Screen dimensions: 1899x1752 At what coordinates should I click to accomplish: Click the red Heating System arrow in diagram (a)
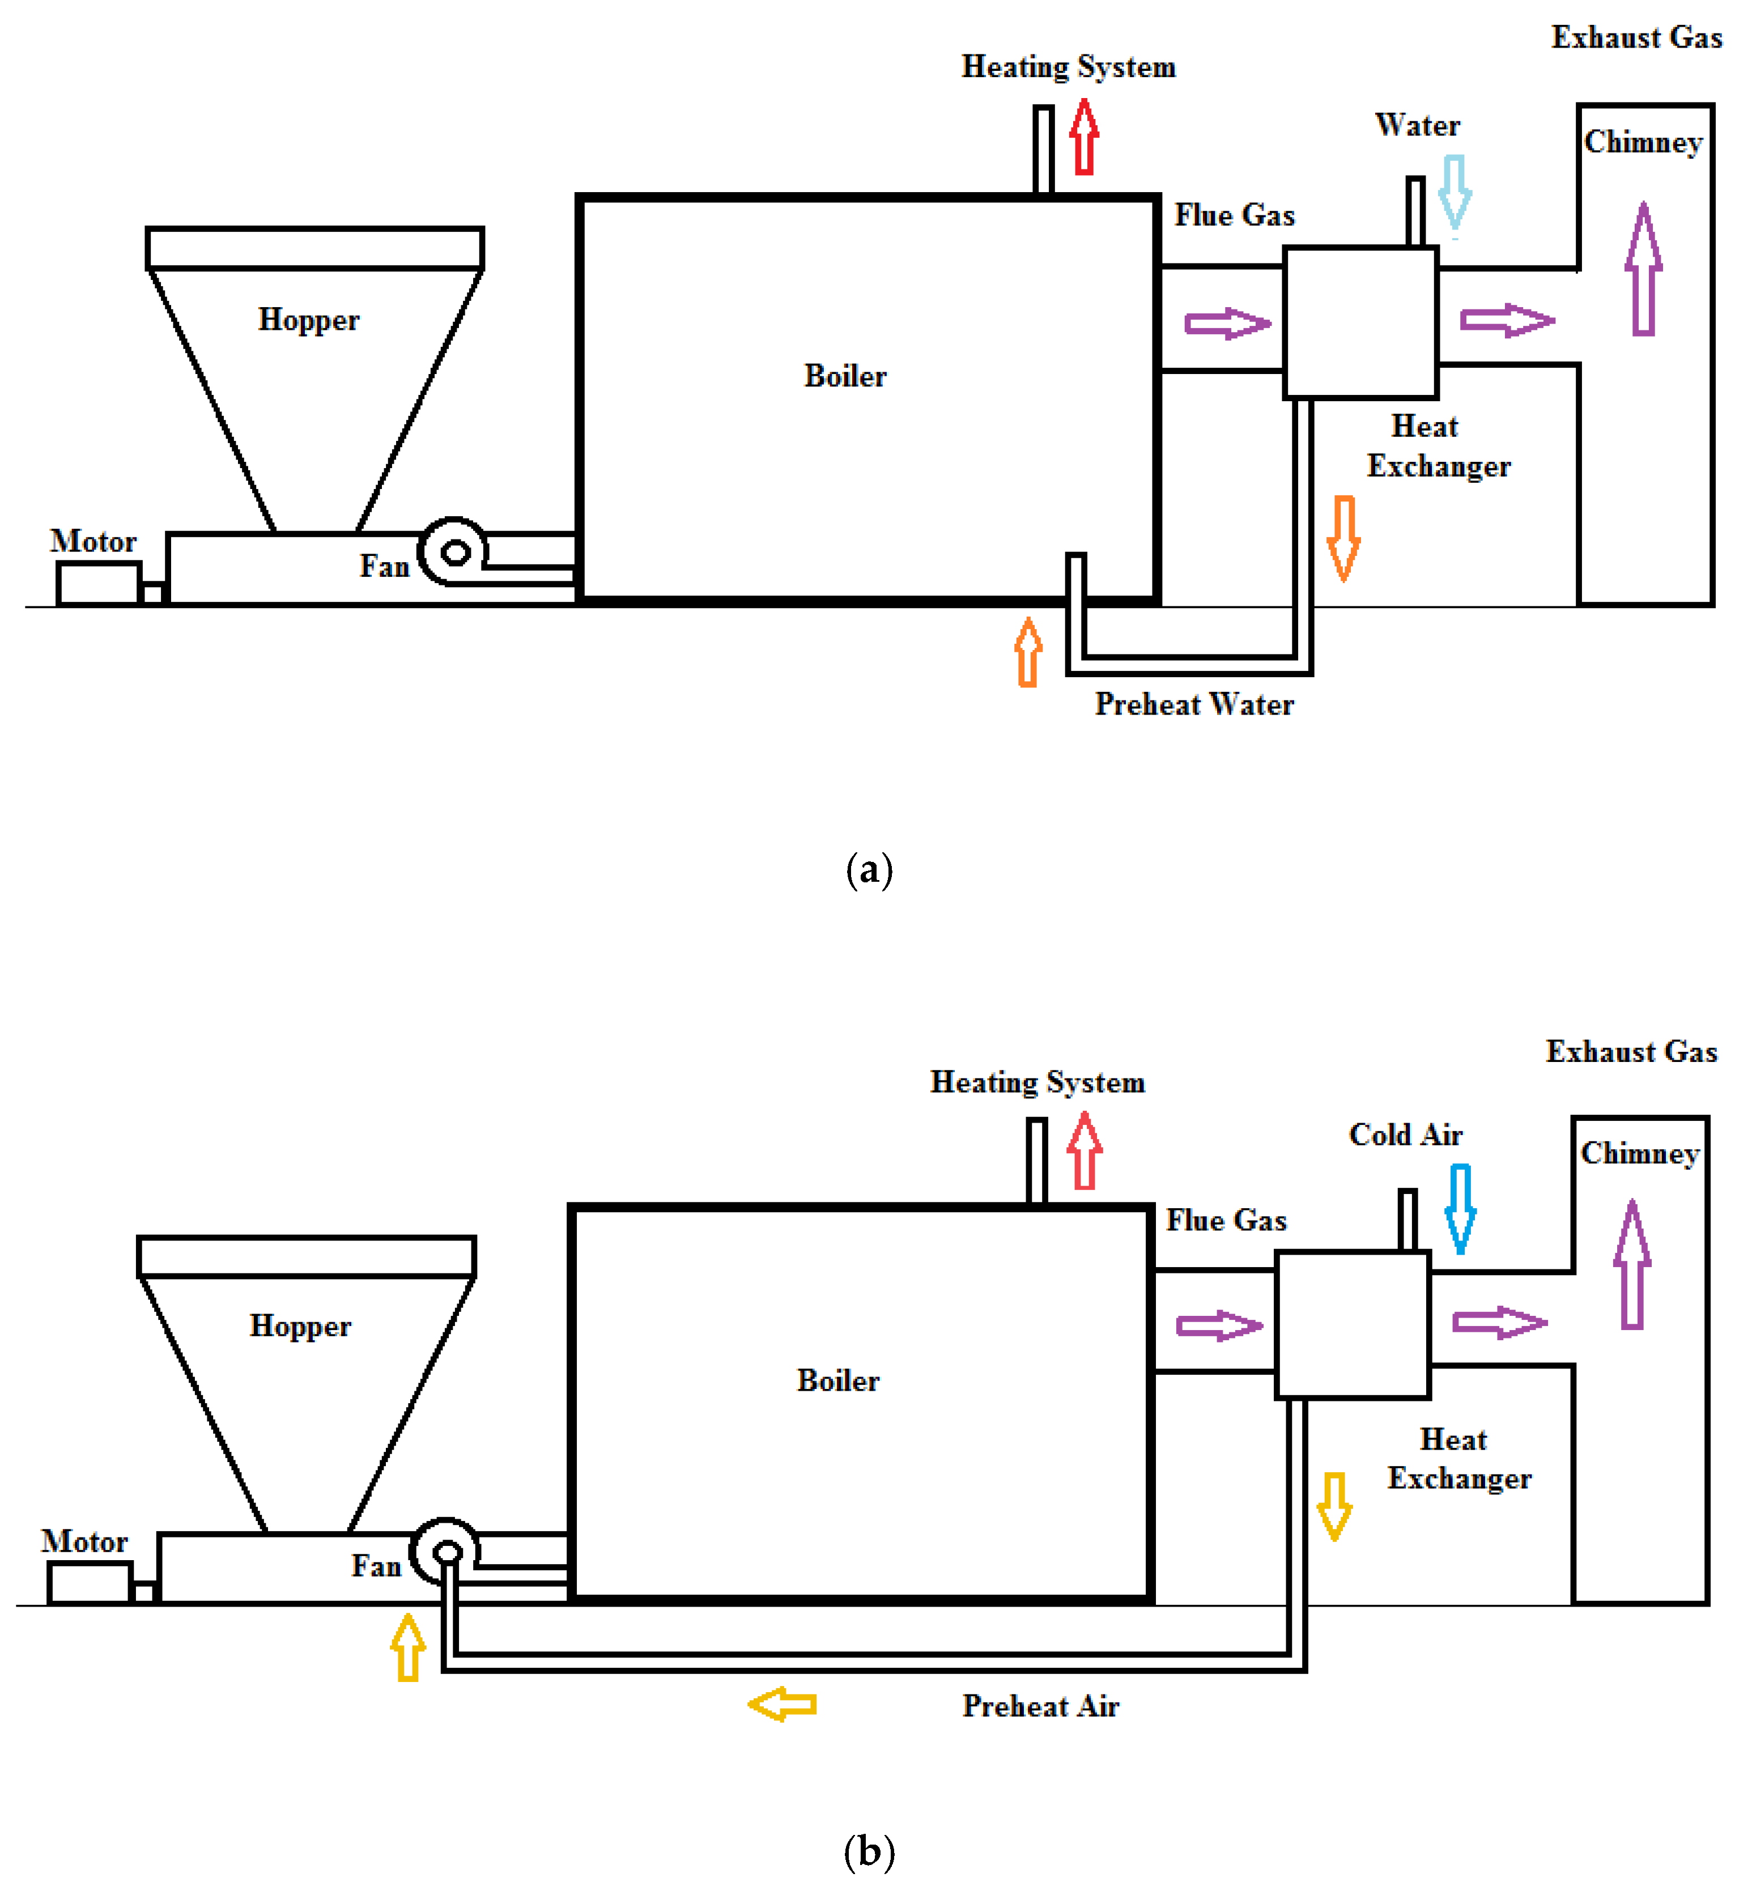click(x=1085, y=138)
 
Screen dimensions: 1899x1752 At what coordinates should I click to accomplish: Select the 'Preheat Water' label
click(x=1194, y=704)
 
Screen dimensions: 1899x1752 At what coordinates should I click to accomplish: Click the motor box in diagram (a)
click(x=97, y=583)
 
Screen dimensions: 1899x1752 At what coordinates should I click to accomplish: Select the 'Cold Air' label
click(x=1405, y=1135)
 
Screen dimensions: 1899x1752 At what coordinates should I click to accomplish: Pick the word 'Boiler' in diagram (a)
click(x=845, y=376)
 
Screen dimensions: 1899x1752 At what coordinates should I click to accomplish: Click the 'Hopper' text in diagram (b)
click(x=300, y=1327)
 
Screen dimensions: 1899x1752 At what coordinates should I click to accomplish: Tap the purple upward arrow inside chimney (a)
click(x=1643, y=270)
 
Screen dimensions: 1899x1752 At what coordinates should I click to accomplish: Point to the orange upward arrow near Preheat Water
click(x=1028, y=652)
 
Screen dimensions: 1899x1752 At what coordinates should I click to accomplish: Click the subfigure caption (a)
click(x=869, y=869)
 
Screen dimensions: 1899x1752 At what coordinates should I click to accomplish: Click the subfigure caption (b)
click(x=869, y=1851)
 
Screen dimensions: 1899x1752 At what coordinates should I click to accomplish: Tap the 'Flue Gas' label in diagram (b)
click(x=1226, y=1220)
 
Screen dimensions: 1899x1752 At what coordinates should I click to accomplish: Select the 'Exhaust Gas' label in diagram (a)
click(x=1636, y=38)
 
